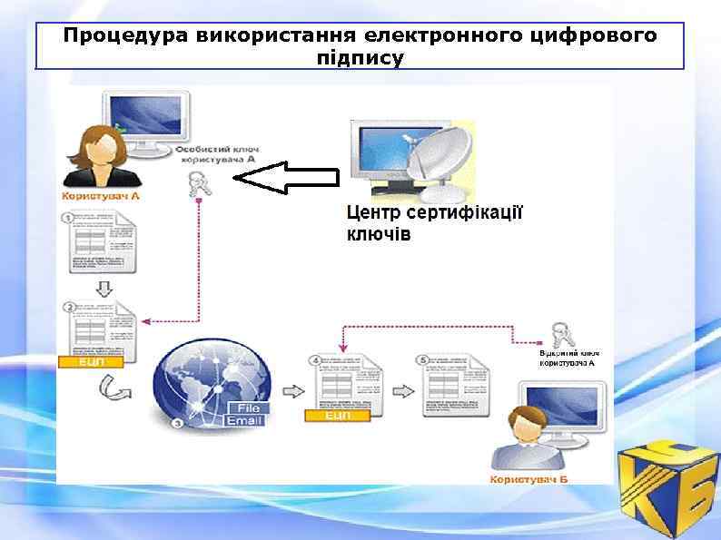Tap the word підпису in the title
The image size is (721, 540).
point(360,57)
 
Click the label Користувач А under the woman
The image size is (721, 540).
point(101,195)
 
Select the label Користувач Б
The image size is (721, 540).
point(528,477)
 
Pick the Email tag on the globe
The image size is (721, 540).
point(244,421)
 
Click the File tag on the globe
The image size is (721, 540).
point(248,407)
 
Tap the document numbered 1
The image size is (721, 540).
point(101,241)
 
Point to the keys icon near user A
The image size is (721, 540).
point(196,183)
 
